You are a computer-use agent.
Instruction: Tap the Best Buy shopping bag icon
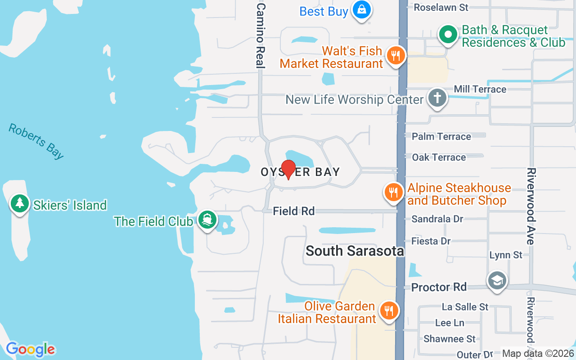click(361, 9)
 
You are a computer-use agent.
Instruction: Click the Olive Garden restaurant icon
click(387, 310)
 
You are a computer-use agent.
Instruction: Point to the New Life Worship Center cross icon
click(436, 98)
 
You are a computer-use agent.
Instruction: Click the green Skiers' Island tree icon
click(19, 203)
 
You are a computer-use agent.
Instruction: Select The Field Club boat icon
click(207, 220)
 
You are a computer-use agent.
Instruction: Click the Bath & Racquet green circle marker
click(448, 34)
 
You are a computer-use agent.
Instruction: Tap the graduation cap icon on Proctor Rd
click(497, 280)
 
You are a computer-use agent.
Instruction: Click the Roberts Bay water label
click(36, 141)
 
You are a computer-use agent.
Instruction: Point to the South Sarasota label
click(355, 251)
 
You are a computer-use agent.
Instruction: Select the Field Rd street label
click(294, 211)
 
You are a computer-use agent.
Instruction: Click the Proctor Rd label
click(439, 287)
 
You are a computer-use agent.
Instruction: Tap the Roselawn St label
click(441, 7)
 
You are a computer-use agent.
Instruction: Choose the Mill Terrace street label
click(480, 89)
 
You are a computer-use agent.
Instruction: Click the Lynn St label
click(506, 255)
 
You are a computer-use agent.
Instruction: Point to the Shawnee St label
click(449, 339)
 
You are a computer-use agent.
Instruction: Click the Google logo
click(30, 349)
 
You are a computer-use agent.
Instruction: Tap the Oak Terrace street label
click(439, 157)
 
